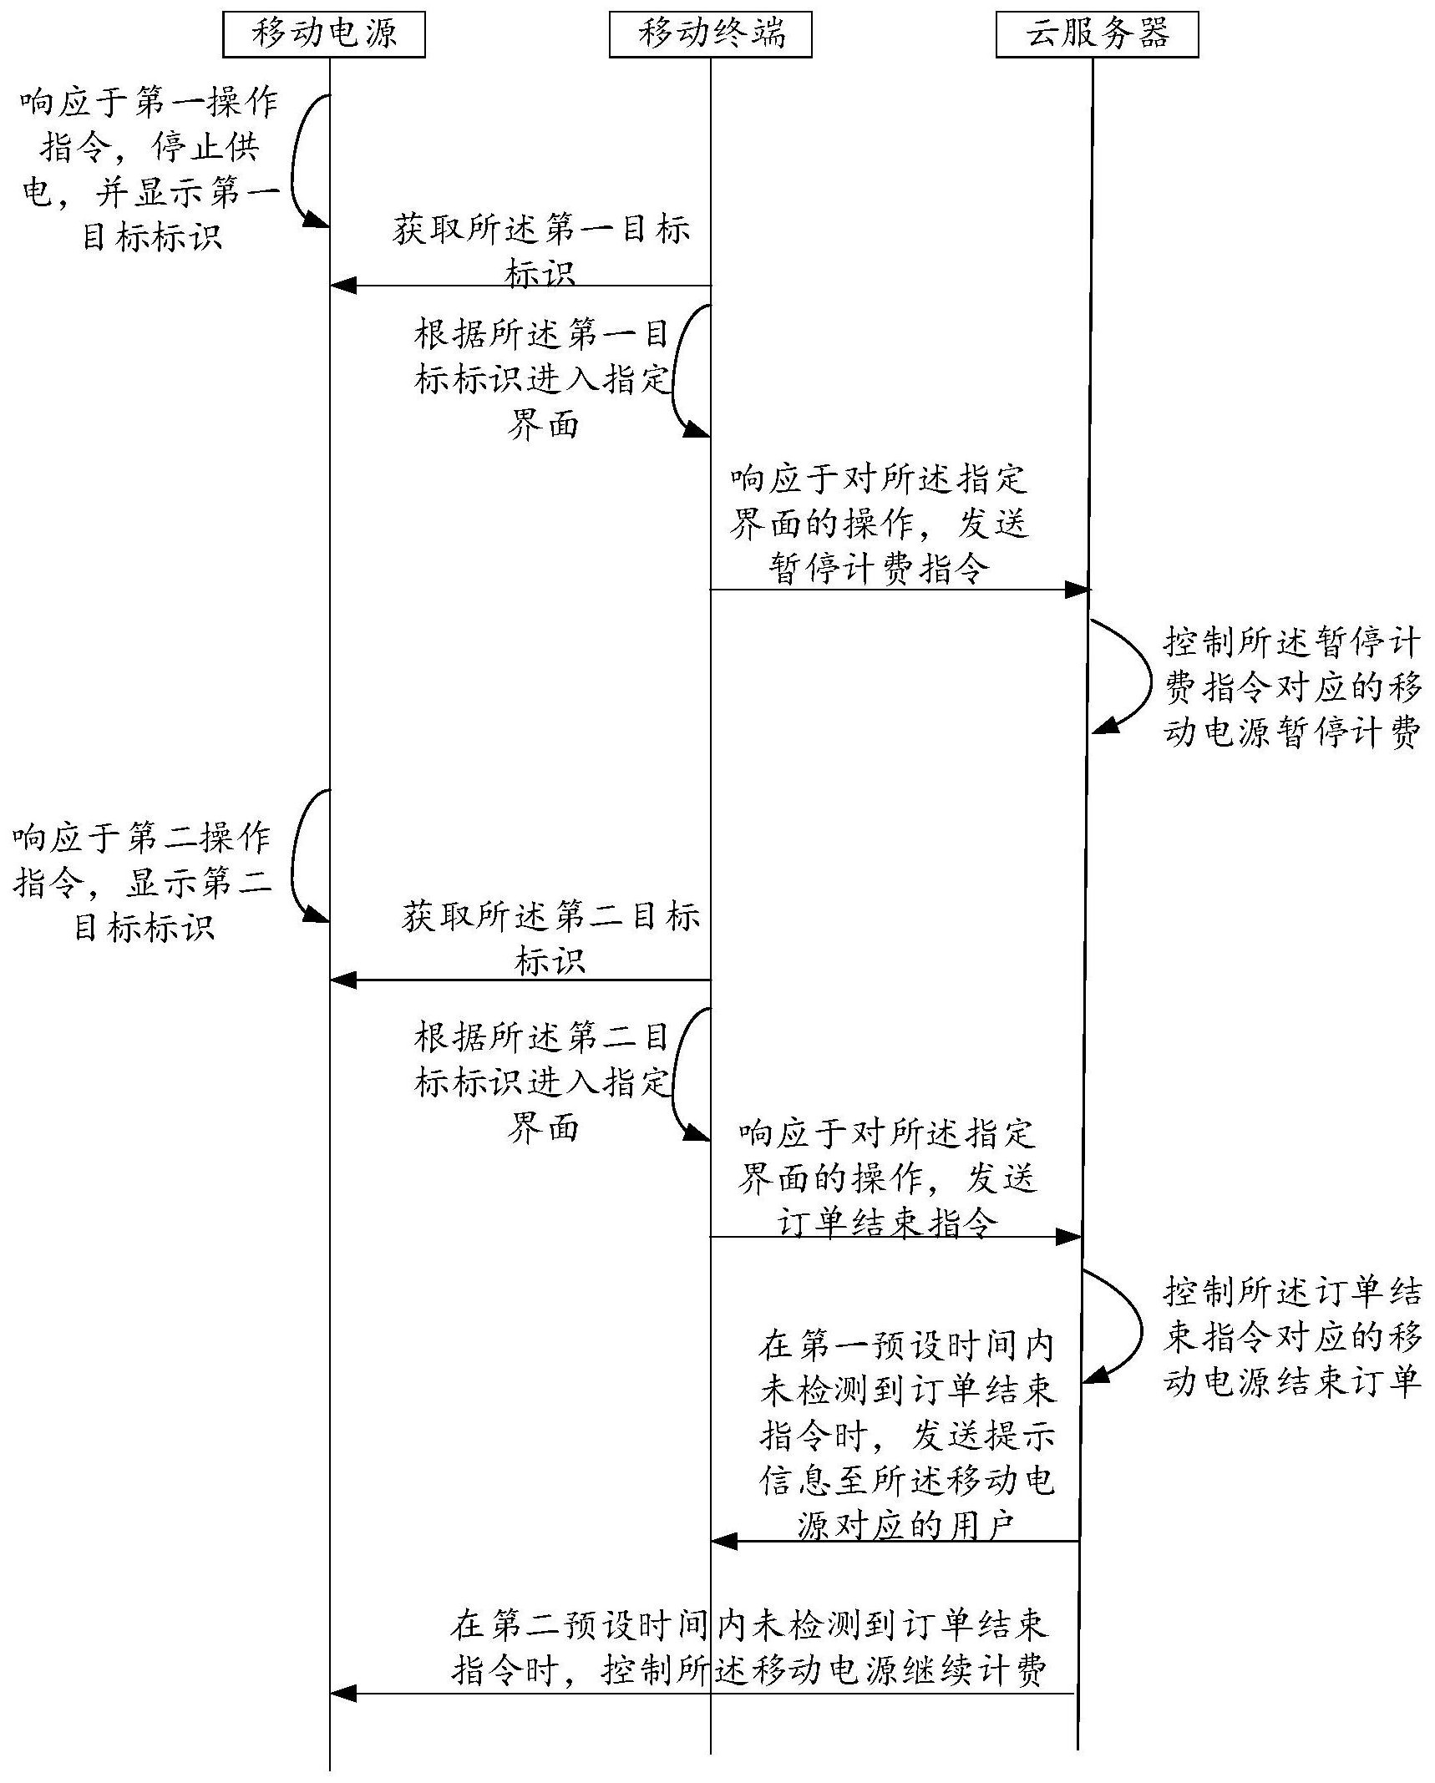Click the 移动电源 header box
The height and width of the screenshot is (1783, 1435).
point(323,35)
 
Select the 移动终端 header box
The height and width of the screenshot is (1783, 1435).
point(710,35)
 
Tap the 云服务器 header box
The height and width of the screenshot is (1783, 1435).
point(1097,35)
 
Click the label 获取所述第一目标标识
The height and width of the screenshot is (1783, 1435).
point(541,250)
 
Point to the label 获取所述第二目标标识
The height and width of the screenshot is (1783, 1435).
point(550,938)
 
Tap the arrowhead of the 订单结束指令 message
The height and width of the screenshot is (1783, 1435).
point(1068,1237)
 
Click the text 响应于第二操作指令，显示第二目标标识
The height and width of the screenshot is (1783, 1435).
point(142,882)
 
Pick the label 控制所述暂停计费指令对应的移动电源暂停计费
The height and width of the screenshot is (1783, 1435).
point(1291,687)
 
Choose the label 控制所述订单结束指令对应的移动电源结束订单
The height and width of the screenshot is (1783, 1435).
point(1291,1337)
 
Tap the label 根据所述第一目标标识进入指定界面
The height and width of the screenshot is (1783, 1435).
point(543,379)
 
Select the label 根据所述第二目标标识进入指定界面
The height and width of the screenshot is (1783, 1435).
point(543,1081)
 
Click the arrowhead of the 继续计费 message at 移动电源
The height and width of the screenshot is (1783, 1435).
point(343,1694)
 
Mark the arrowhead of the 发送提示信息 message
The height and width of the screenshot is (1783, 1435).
point(724,1541)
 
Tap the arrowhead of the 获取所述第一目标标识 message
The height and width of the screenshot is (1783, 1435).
point(343,286)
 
